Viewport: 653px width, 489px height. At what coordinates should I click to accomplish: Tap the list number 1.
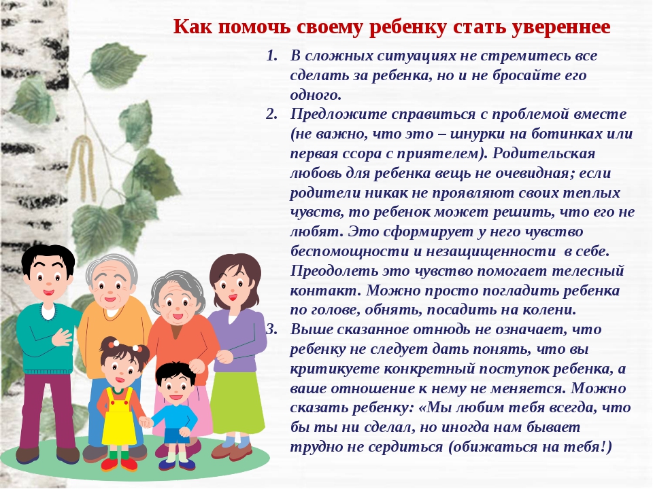271,56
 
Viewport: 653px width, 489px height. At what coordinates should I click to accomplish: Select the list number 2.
271,114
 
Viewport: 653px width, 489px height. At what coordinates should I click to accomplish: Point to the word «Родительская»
544,153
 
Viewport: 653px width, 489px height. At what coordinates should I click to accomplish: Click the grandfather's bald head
111,268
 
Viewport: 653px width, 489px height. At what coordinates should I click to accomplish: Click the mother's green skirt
237,403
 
